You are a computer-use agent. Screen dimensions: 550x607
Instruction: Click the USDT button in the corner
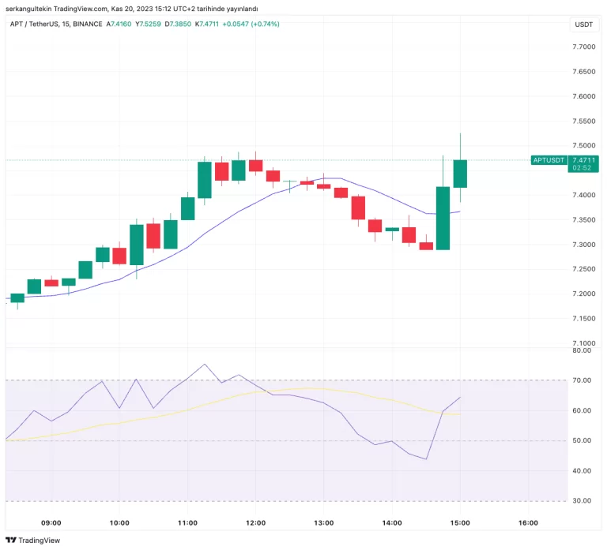point(583,24)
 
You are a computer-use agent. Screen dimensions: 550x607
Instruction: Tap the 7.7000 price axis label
point(584,47)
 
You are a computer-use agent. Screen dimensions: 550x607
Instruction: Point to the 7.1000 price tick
point(584,343)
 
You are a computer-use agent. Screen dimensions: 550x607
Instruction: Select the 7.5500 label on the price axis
point(584,122)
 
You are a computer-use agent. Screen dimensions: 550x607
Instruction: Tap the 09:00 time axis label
point(51,522)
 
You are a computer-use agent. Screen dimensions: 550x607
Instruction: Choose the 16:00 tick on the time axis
point(528,522)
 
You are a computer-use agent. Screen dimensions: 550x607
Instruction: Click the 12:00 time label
point(255,522)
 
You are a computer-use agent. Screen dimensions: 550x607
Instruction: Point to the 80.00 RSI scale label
point(582,350)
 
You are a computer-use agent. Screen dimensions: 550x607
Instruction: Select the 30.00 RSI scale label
point(582,501)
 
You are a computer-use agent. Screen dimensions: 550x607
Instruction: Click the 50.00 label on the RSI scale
point(582,441)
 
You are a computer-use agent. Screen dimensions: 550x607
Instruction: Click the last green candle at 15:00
point(460,174)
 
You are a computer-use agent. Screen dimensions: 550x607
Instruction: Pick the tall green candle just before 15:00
point(443,218)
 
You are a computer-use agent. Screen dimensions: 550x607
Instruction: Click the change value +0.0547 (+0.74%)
point(251,24)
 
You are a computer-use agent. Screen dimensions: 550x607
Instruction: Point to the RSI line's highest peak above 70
point(205,365)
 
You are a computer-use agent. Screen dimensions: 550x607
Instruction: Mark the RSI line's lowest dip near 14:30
point(426,459)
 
